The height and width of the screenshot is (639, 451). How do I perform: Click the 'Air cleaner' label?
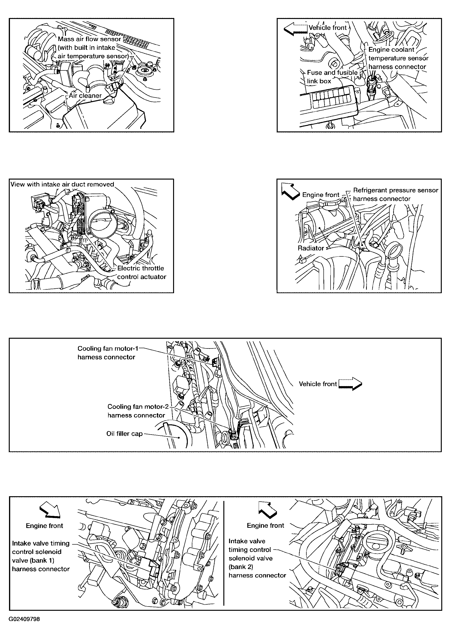click(85, 96)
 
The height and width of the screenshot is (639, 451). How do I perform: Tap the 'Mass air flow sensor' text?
click(90, 39)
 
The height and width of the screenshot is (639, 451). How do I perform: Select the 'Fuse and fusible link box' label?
click(332, 77)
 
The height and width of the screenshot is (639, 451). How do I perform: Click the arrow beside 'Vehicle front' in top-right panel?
click(295, 29)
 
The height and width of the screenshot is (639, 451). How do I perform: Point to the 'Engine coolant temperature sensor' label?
click(398, 54)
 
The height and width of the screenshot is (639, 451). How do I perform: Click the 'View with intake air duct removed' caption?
click(62, 184)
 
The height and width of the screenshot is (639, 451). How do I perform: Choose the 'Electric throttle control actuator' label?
click(142, 273)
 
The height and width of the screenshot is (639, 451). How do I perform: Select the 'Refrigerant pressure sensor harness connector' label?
click(396, 194)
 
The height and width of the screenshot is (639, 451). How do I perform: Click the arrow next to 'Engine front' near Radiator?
click(290, 191)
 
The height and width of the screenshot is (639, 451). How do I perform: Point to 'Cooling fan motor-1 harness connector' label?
click(108, 353)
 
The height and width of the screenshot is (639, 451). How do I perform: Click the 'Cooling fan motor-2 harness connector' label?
click(138, 411)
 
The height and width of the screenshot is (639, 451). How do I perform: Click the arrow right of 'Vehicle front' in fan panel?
click(350, 384)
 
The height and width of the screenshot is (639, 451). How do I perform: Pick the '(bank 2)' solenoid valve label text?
click(241, 567)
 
